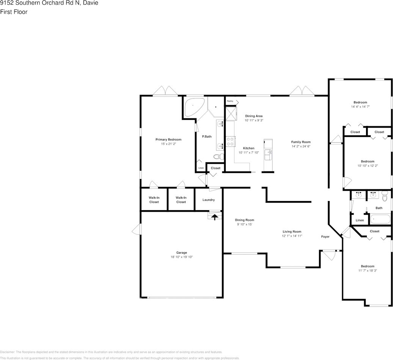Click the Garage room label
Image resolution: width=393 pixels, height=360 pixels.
181,252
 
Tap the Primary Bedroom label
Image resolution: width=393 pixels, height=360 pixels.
168,140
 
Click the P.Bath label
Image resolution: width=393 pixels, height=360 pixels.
207,137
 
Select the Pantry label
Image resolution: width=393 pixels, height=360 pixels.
230,101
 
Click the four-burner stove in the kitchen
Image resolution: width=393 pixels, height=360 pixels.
230,141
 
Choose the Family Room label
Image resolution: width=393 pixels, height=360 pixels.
301,142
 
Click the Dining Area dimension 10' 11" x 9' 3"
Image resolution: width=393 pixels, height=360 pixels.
254,120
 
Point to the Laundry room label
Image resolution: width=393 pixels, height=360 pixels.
209,200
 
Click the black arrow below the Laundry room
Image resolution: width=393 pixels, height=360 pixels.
214,217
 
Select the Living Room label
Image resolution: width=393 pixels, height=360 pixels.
292,231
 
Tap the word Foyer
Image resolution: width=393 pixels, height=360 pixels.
325,237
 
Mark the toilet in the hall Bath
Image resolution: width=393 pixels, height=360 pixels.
385,197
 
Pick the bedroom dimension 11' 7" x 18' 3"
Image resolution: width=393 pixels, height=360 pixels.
367,270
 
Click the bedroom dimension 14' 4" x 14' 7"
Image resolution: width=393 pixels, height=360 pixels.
360,107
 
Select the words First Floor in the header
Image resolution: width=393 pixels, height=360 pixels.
14,12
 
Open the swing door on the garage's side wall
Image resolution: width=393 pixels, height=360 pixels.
137,229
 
